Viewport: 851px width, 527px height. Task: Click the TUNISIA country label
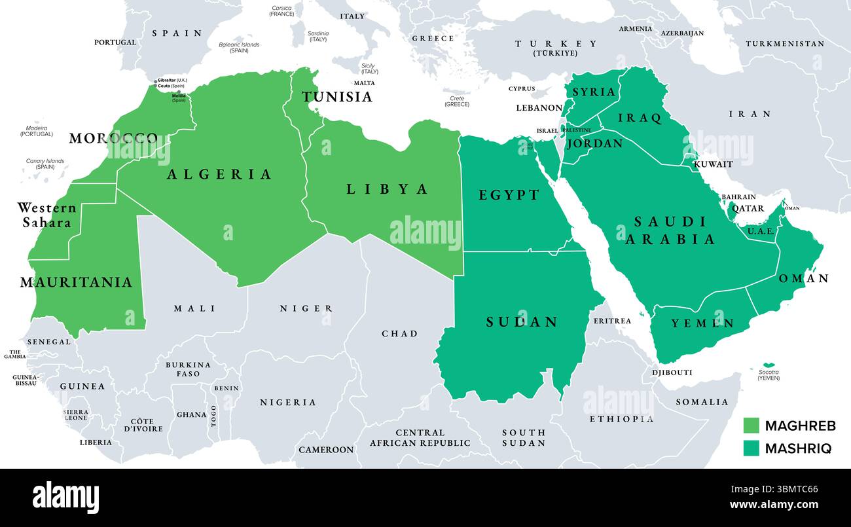click(336, 97)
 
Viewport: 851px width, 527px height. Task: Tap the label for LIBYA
click(387, 189)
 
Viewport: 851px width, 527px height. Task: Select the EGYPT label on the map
click(509, 195)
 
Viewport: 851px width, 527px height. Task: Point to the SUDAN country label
click(522, 321)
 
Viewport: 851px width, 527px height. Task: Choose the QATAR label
click(748, 209)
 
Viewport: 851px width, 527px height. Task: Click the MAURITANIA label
click(76, 282)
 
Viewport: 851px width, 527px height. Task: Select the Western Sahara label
click(46, 215)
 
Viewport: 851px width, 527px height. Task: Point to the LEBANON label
click(539, 108)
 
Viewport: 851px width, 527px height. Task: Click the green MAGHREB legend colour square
click(751, 426)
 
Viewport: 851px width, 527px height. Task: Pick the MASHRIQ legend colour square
click(751, 448)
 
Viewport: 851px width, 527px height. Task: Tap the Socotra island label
click(769, 374)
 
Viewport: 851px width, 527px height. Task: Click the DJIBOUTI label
click(672, 373)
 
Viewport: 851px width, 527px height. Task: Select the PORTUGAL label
click(115, 43)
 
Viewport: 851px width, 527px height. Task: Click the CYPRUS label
click(522, 88)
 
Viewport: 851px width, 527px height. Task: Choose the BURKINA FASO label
click(188, 369)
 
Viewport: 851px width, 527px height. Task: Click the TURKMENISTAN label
click(785, 44)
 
